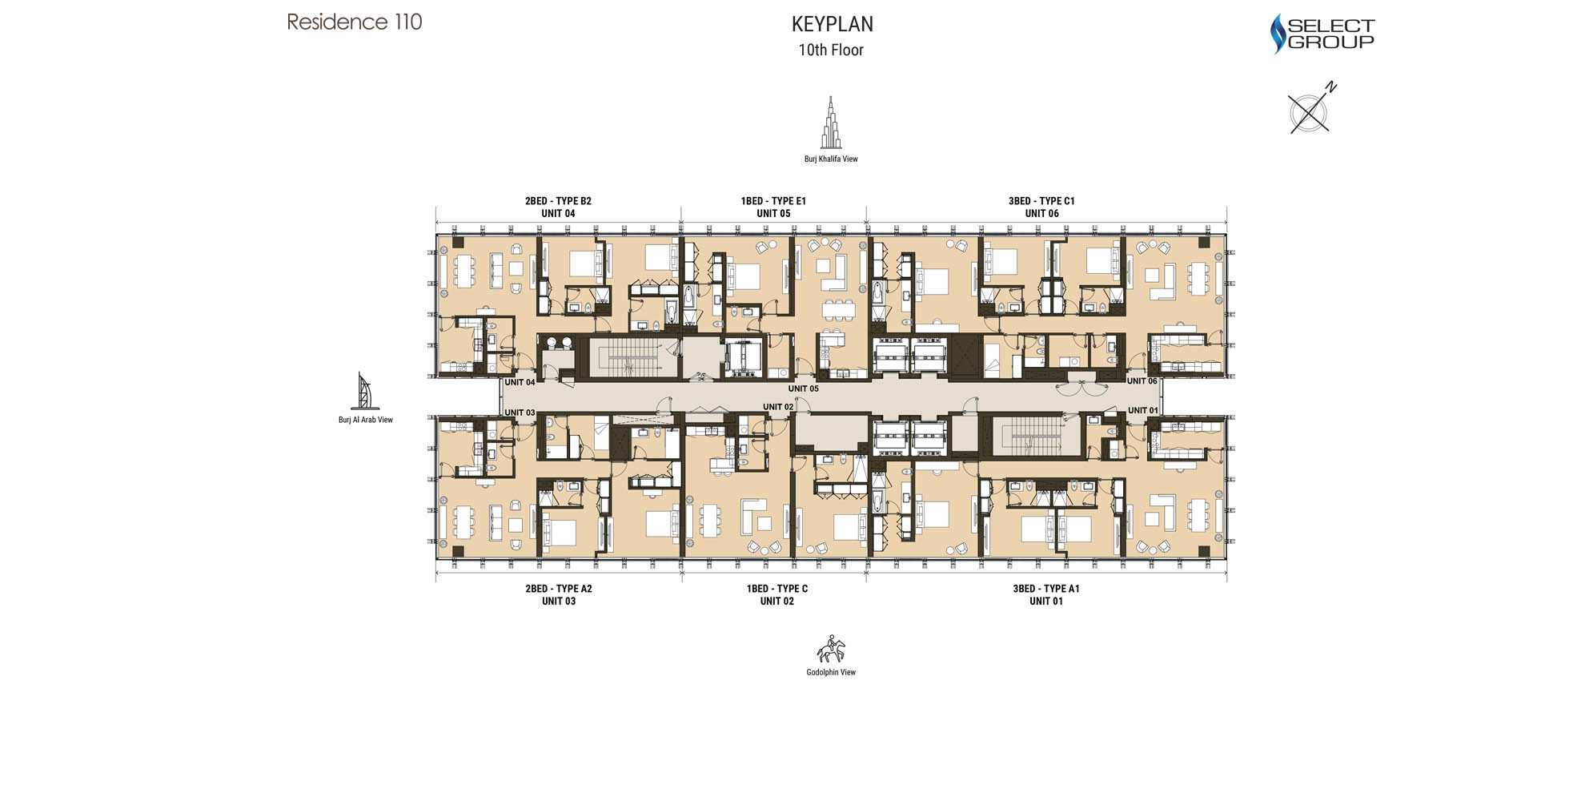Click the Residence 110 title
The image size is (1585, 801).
point(355,22)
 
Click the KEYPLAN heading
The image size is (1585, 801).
point(832,24)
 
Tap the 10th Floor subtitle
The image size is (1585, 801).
point(831,50)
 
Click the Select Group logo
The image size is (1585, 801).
point(1322,34)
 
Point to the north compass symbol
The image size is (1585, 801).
point(1310,110)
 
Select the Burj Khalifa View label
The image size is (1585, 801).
point(831,159)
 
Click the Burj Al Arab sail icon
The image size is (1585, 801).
point(363,391)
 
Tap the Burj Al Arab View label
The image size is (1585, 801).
point(365,420)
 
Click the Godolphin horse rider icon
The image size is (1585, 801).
point(831,649)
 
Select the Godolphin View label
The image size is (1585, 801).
point(831,672)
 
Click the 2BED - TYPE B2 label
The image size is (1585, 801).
point(558,201)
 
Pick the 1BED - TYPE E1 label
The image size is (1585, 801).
point(773,201)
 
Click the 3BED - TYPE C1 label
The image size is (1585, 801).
point(1041,201)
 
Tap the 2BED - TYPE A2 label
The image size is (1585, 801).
point(559,589)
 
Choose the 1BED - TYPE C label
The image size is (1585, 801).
point(776,589)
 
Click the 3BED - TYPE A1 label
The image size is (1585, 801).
point(1046,589)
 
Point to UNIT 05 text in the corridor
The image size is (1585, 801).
point(803,388)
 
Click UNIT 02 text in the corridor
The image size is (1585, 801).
point(778,407)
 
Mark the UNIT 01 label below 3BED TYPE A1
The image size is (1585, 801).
point(1046,602)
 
